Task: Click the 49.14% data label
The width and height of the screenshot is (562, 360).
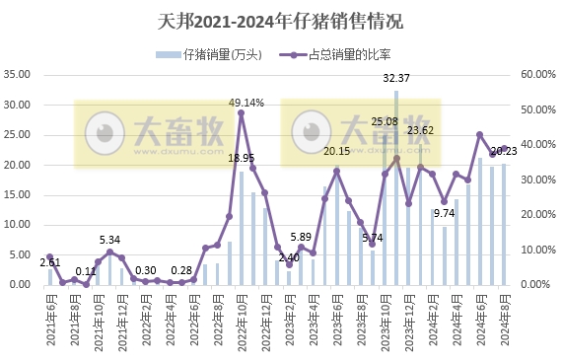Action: coord(246,102)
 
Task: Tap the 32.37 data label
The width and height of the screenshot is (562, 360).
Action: coord(396,78)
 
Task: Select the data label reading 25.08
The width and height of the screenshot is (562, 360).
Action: coord(385,121)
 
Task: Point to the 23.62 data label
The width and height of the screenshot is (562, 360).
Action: coord(421,130)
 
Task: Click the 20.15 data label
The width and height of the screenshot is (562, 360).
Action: coord(336,151)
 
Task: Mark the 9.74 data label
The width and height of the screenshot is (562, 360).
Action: coord(444,212)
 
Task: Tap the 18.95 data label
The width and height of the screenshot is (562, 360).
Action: coord(242,157)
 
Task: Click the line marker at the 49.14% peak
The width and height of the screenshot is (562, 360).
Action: coord(242,112)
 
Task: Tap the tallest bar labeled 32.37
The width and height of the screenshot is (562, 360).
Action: coord(396,187)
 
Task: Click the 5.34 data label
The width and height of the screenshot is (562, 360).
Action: coord(109,240)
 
